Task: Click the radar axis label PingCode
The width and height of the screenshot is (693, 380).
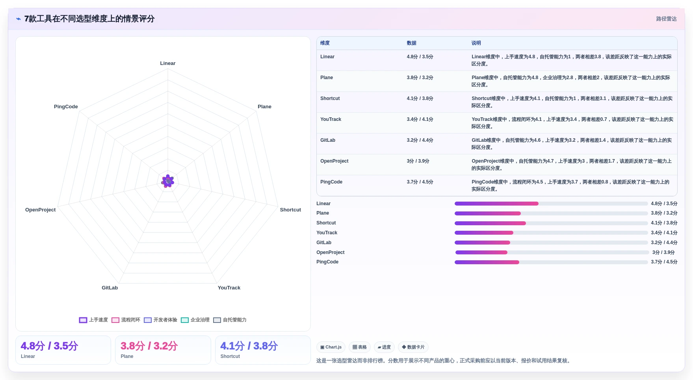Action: (66, 107)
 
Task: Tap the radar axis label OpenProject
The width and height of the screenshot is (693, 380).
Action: (40, 210)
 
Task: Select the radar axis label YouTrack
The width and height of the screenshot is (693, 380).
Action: (229, 288)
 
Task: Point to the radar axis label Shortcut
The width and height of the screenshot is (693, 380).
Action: (290, 210)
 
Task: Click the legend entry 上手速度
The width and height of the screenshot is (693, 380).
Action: (93, 320)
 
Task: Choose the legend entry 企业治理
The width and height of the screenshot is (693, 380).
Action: (195, 320)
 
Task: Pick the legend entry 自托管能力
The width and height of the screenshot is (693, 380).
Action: (230, 320)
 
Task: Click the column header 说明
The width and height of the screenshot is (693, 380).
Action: (476, 43)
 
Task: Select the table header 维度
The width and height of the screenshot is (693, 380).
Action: (325, 43)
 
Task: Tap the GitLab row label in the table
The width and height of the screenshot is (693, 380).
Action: (328, 140)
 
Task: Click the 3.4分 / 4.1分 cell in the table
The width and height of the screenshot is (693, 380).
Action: (420, 119)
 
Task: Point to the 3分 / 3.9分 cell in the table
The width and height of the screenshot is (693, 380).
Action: (418, 161)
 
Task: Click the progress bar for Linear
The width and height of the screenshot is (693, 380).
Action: (551, 204)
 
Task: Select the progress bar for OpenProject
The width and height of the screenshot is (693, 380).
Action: (552, 252)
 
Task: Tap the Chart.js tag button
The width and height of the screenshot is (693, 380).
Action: (331, 347)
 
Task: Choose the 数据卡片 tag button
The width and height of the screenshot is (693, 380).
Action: (413, 347)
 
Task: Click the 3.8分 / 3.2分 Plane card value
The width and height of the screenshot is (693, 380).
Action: (149, 346)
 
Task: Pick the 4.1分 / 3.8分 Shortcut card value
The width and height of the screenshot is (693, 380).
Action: (249, 346)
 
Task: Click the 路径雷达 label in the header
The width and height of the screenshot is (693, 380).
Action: (666, 19)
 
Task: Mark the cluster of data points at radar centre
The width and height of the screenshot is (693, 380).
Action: (168, 181)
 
